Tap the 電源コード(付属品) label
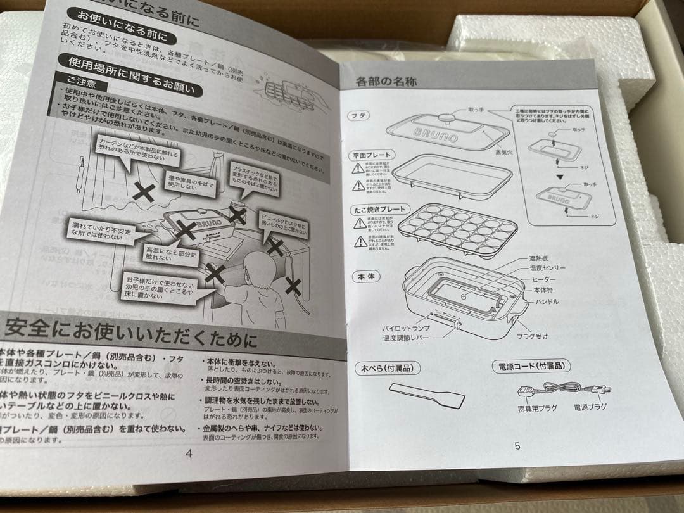531,365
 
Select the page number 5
517,445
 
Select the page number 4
188,452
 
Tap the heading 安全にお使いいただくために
130,330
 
